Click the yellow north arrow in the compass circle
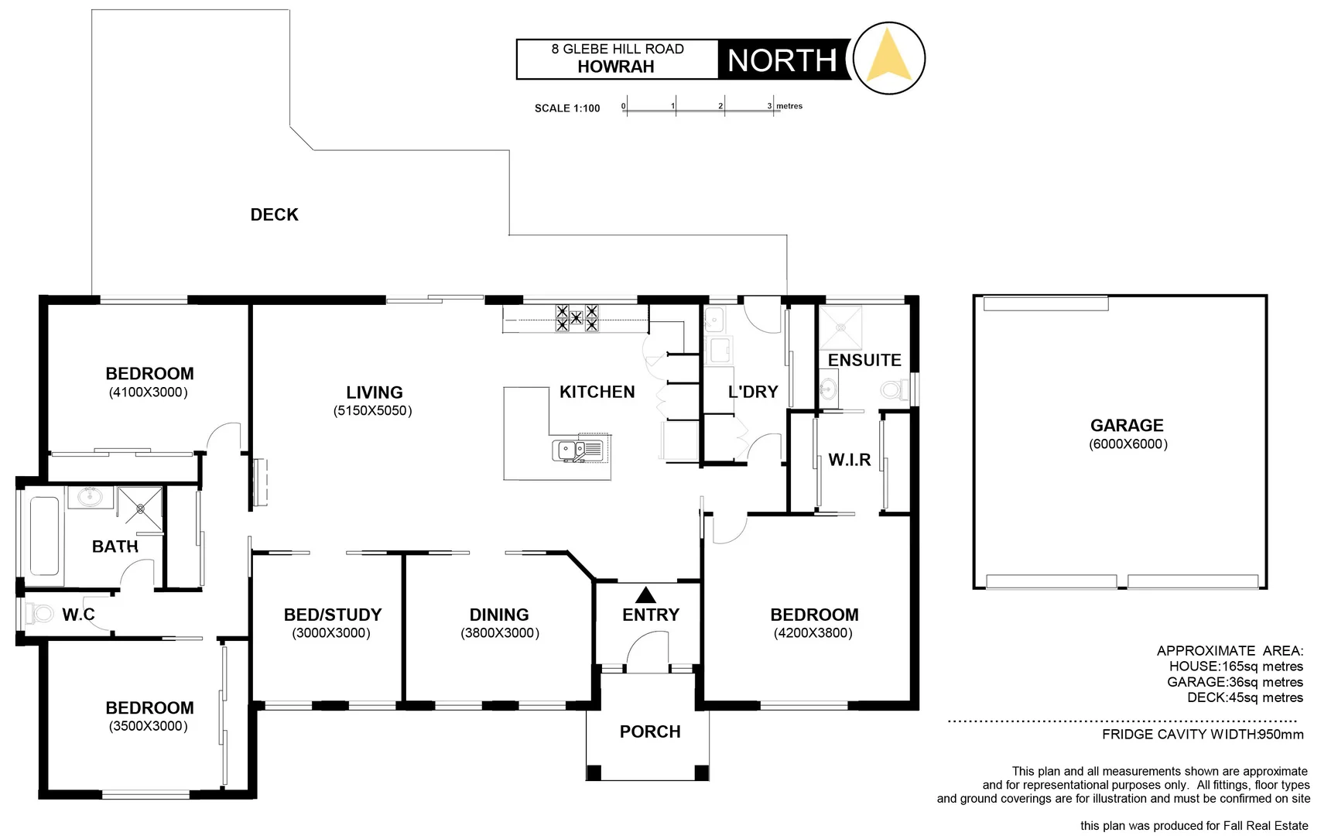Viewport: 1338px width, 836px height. coord(888,56)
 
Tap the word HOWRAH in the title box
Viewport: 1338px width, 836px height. coord(615,67)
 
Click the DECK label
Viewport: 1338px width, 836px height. coord(274,214)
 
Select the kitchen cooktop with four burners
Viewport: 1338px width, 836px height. coord(577,317)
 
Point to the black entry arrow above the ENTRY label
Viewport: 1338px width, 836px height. coord(645,594)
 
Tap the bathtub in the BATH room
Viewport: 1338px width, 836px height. coord(44,536)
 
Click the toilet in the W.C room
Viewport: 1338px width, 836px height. coord(38,614)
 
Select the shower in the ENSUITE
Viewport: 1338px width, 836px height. coord(840,327)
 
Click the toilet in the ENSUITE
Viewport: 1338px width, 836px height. coord(895,389)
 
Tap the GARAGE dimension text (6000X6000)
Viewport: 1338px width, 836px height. coord(1128,444)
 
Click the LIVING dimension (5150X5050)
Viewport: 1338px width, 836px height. coord(372,411)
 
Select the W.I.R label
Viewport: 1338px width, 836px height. coord(849,460)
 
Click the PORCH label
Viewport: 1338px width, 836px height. coord(649,731)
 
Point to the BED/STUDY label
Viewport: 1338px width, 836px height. coord(333,615)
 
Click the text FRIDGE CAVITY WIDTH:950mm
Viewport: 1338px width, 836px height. coord(1202,735)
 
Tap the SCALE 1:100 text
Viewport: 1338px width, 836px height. coord(567,108)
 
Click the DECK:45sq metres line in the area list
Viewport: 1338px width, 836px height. coord(1244,697)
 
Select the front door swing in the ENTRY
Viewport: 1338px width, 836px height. coord(648,650)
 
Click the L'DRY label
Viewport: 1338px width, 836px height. coord(752,392)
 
